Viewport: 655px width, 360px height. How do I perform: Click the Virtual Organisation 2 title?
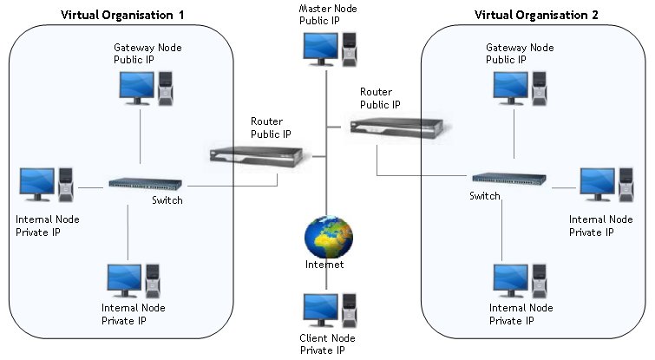pos(534,16)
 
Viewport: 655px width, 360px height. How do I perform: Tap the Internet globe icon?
pos(329,236)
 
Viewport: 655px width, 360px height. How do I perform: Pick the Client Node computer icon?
pos(327,311)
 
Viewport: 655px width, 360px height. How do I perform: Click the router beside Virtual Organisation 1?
pos(257,156)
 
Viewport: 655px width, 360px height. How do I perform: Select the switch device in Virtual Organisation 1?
pos(144,184)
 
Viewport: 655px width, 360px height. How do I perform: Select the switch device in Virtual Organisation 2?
pos(508,179)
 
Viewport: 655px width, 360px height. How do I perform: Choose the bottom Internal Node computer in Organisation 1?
pos(132,281)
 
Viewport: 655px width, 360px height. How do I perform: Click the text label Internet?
pos(324,265)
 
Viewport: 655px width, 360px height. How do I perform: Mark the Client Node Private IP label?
pos(328,345)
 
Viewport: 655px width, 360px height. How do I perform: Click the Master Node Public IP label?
pos(326,13)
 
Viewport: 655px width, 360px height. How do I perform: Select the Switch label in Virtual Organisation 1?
pos(167,200)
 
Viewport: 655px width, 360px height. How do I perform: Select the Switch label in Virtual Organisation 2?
pos(485,196)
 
